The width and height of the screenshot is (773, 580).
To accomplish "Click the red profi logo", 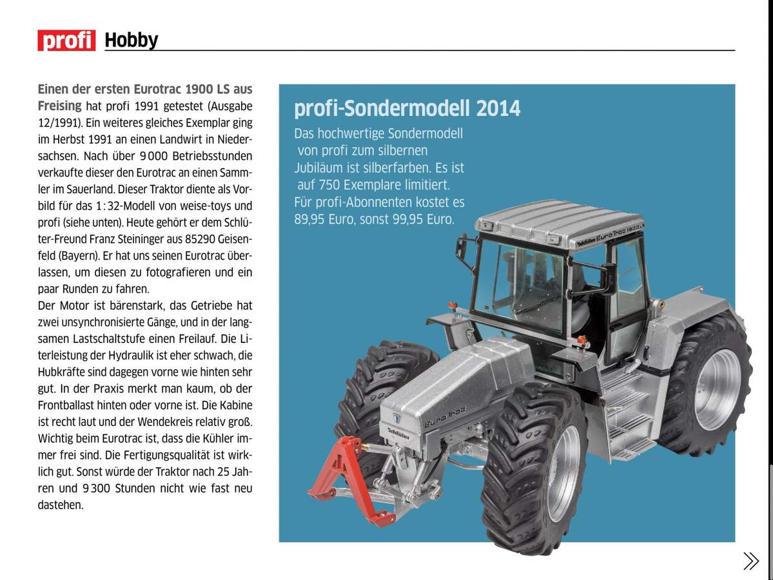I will click(66, 40).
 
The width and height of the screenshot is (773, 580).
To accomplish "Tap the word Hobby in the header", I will click(131, 40).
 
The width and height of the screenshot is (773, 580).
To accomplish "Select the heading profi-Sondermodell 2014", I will click(407, 108).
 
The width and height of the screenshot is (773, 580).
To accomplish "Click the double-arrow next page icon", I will click(750, 561).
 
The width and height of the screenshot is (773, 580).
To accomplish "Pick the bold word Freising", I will click(59, 106).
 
